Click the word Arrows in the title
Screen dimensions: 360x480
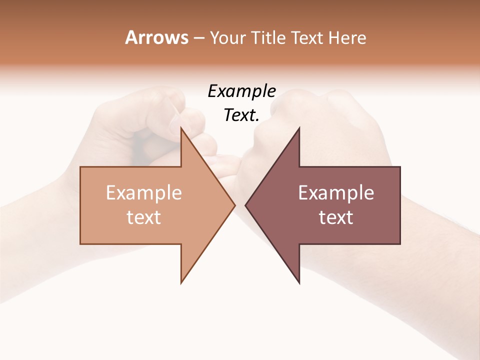(x=156, y=37)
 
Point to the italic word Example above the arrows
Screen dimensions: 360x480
(x=242, y=91)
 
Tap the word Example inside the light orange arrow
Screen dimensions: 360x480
(x=144, y=193)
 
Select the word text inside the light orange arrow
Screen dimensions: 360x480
(x=144, y=217)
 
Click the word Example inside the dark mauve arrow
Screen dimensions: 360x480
(x=336, y=193)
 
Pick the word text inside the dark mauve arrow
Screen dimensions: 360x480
(x=336, y=217)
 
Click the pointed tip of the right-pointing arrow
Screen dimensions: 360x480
(x=235, y=205)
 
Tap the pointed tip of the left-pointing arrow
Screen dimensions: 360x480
(x=245, y=205)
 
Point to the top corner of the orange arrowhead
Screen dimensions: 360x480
(x=181, y=128)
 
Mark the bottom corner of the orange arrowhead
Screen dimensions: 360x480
(x=181, y=283)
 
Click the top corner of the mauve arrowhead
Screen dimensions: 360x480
(x=299, y=128)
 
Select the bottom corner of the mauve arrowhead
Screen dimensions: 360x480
(x=299, y=283)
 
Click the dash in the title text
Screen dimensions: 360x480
(x=198, y=38)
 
